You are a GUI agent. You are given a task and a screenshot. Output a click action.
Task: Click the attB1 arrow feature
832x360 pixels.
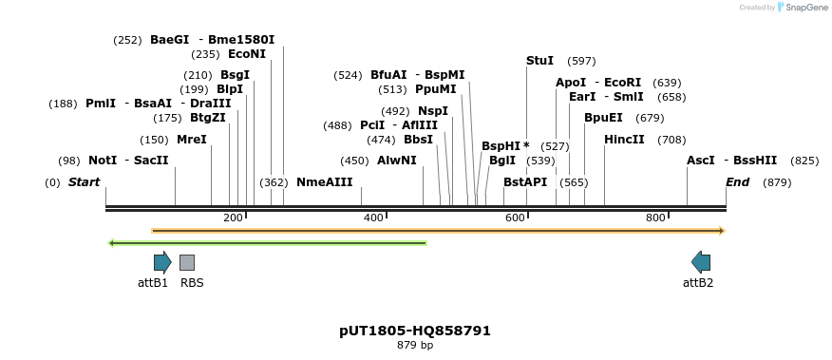[x=162, y=262]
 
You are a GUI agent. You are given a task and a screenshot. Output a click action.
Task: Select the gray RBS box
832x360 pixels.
[x=187, y=262]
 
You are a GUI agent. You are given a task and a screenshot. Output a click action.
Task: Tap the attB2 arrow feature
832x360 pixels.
[x=701, y=262]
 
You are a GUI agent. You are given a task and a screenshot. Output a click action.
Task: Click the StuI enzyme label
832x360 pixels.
[x=539, y=61]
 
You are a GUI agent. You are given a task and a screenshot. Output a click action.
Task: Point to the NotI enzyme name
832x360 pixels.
[x=103, y=161]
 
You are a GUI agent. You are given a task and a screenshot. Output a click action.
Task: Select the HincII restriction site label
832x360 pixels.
[x=624, y=140]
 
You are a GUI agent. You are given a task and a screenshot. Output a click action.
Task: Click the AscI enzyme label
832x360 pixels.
[x=701, y=161]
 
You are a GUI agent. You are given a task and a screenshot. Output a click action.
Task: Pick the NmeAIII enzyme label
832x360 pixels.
[x=324, y=182]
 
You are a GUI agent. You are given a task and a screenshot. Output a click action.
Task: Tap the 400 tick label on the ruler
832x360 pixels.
[x=374, y=218]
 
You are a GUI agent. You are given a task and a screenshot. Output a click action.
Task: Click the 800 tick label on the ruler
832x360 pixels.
[x=655, y=218]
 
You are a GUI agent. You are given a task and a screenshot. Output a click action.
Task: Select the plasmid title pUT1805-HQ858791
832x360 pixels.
[x=415, y=331]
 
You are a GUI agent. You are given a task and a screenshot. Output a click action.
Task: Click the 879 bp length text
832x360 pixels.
[x=415, y=345]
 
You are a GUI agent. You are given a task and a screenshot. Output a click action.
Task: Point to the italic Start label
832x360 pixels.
[x=84, y=182]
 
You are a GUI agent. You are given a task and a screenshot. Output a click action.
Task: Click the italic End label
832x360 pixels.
[x=738, y=182]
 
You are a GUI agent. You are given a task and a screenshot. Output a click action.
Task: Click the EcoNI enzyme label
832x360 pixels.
[x=247, y=54]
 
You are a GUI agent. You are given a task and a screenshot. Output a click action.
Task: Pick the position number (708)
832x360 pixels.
[x=671, y=140]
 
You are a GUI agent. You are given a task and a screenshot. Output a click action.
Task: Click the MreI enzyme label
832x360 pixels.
[x=191, y=140]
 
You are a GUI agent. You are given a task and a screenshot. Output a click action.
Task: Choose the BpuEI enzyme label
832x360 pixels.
[x=603, y=118]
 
